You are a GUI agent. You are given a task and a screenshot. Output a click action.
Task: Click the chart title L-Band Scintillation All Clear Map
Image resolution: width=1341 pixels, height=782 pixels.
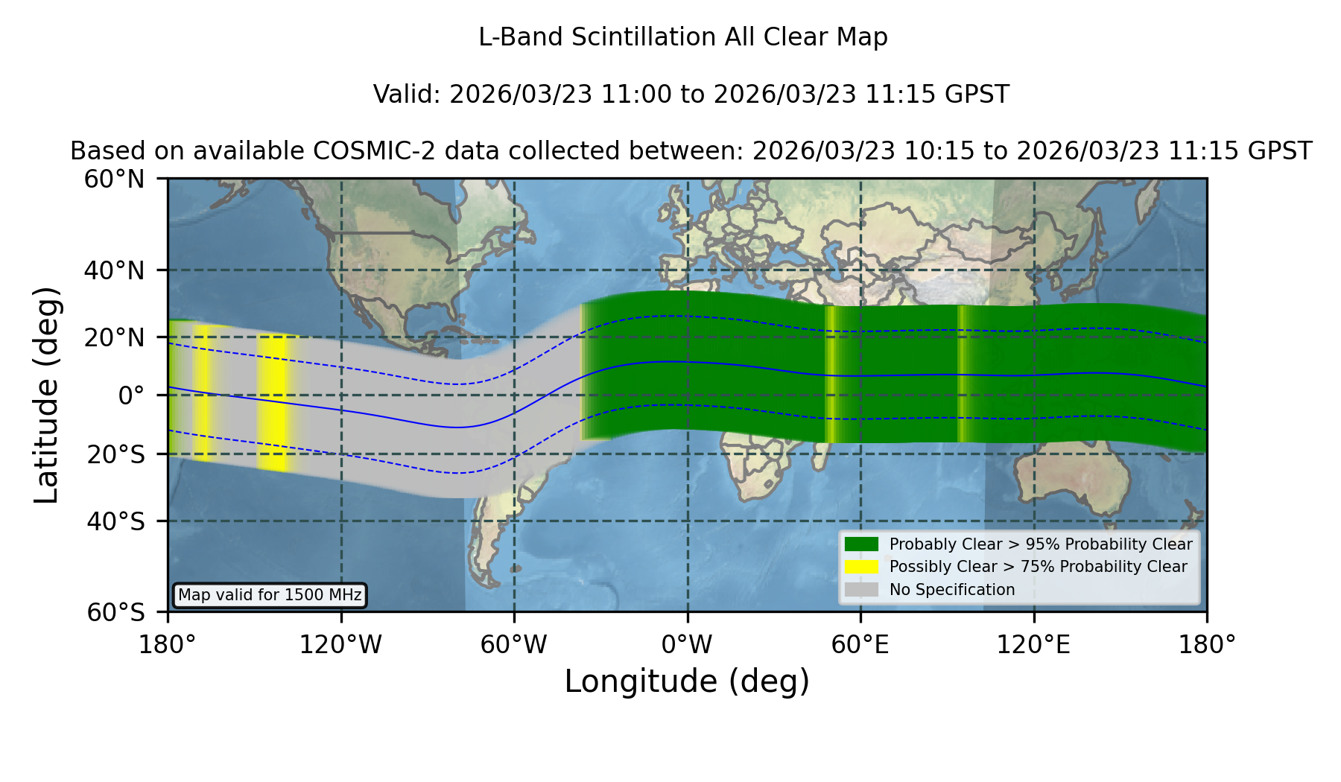click(x=683, y=37)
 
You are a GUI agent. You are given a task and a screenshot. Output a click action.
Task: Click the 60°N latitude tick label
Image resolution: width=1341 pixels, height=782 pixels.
click(x=114, y=179)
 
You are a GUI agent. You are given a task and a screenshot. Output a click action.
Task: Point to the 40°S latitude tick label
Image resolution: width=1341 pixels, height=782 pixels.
click(x=115, y=521)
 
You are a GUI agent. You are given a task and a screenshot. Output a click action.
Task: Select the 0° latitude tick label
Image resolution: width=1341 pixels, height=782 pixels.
click(x=131, y=395)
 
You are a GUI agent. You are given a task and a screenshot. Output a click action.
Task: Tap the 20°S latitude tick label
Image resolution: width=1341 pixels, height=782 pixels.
click(x=115, y=454)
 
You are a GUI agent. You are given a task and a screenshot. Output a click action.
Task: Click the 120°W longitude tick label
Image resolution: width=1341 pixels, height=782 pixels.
click(x=340, y=645)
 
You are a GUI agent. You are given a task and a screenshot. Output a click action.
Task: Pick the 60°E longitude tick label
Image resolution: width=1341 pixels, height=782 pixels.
click(x=860, y=645)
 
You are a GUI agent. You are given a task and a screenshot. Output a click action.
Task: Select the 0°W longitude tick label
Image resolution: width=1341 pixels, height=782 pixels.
click(x=687, y=645)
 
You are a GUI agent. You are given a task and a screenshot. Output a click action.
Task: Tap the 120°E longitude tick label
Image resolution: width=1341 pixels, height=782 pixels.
click(x=1033, y=645)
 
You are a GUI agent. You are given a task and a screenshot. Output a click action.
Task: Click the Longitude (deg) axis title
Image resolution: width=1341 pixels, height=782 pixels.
click(x=687, y=681)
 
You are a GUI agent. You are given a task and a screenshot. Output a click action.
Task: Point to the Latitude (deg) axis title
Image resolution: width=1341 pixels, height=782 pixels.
click(x=47, y=395)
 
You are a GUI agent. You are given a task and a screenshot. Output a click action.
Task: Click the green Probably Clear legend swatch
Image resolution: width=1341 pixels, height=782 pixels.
click(x=861, y=544)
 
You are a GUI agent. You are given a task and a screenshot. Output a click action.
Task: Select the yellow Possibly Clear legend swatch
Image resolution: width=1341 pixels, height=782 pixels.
click(x=861, y=567)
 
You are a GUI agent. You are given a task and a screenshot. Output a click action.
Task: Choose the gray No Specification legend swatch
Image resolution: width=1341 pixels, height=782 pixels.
click(x=861, y=590)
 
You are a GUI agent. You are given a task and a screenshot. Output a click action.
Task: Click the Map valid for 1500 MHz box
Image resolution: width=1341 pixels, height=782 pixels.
click(x=270, y=595)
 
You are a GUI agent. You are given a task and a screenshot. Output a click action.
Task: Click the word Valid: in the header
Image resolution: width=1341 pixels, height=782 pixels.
click(x=408, y=95)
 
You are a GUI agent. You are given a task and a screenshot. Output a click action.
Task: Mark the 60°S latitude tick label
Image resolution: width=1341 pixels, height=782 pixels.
click(x=115, y=612)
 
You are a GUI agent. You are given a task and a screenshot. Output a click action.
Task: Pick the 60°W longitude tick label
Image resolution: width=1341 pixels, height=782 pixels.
click(x=514, y=645)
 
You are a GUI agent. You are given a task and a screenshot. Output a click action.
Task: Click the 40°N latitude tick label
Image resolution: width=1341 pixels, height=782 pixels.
click(x=114, y=270)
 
